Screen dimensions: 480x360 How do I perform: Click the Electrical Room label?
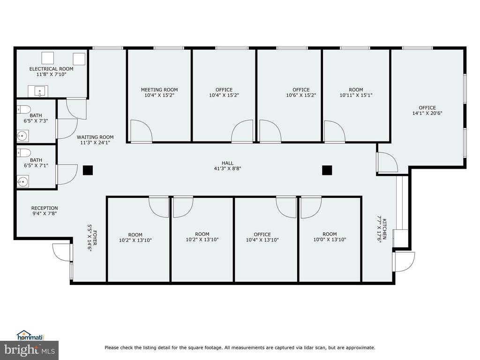[51, 69]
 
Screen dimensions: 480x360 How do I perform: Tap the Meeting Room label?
[159, 90]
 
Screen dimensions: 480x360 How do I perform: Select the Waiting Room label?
[95, 137]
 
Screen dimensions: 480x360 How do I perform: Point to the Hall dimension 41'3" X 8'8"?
[227, 168]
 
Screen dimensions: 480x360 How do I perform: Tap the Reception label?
[45, 208]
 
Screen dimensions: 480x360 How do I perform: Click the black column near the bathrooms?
[88, 170]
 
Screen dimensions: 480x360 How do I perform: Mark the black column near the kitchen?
[327, 170]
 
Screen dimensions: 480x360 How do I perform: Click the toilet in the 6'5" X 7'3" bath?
[23, 109]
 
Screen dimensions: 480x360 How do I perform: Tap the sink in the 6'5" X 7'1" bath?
[22, 181]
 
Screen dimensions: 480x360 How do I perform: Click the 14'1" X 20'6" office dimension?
[427, 113]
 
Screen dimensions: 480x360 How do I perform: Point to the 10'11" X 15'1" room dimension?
[356, 95]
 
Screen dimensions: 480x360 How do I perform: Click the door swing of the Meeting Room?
[142, 131]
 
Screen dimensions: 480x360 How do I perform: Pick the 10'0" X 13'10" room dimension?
[330, 240]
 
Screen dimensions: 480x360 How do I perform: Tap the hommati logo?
[30, 336]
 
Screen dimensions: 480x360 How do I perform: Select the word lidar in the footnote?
[312, 347]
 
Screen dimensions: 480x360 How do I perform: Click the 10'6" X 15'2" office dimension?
[301, 95]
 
